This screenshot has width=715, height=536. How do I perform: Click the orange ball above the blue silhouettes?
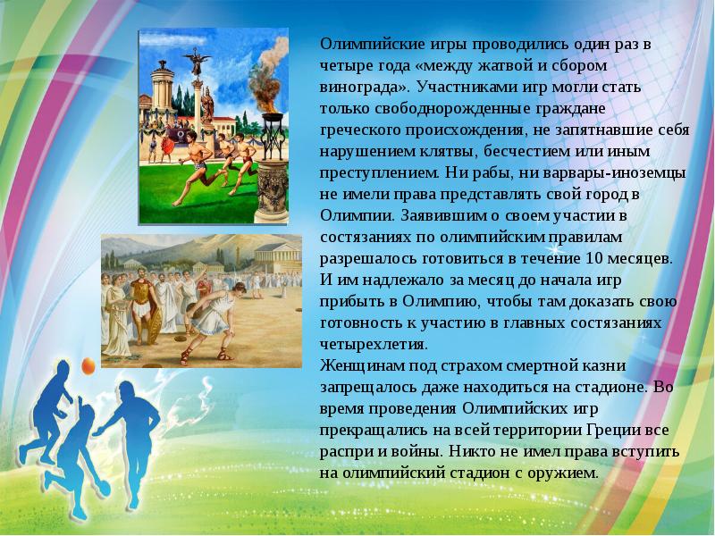pos(88,364)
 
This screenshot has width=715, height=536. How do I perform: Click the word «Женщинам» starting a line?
pos(357,364)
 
